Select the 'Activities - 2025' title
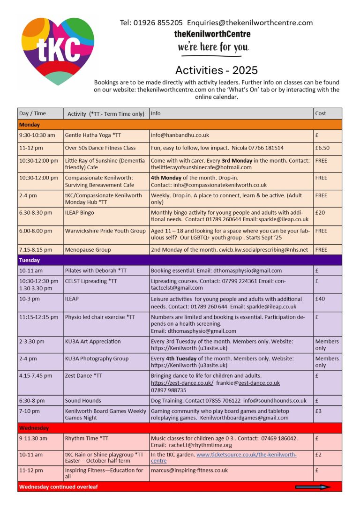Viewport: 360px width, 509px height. click(x=216, y=70)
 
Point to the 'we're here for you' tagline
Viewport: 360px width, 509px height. click(x=213, y=47)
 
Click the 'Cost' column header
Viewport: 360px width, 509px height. click(x=321, y=113)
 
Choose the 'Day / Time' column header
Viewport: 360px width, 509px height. click(x=32, y=113)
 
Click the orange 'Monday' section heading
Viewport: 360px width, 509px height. click(x=30, y=125)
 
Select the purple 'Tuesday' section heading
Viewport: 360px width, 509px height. click(x=30, y=260)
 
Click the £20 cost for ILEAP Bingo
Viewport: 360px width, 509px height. click(x=320, y=212)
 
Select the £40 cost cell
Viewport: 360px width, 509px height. click(x=320, y=299)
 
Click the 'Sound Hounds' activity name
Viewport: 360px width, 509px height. click(x=83, y=401)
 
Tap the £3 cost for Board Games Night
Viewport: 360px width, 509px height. click(x=319, y=411)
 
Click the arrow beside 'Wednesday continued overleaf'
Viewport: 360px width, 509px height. click(x=313, y=487)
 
